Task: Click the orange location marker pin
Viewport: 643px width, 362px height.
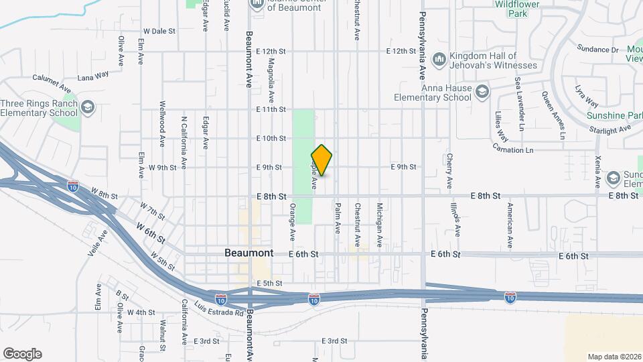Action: pos(322,160)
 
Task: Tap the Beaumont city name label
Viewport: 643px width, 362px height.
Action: pos(249,253)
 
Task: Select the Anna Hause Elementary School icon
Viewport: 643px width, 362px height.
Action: pos(481,91)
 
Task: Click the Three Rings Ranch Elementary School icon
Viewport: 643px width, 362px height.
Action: pos(88,107)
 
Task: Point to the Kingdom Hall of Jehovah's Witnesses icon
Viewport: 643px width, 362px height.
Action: pos(439,60)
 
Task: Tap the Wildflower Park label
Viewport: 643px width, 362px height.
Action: pos(516,8)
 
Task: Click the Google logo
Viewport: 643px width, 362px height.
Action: pos(22,354)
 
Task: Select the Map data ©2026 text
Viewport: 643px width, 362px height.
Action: pos(614,357)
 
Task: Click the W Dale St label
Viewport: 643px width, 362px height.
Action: pos(159,31)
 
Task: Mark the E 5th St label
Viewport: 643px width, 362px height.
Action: pos(268,284)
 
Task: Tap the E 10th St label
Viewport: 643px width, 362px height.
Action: pos(271,138)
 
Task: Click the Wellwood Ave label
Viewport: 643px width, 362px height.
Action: pos(162,124)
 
